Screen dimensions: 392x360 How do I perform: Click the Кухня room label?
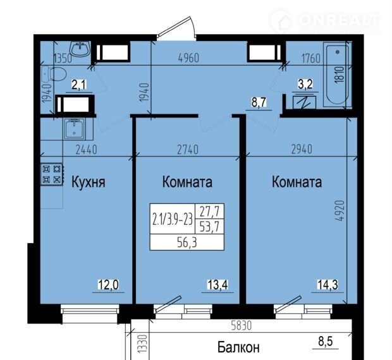coord(89,183)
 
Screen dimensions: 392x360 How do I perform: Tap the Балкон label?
coord(238,347)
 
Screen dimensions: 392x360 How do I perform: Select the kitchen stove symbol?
coord(52,174)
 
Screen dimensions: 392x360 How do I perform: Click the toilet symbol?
coord(54,74)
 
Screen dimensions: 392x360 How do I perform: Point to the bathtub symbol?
coord(337,75)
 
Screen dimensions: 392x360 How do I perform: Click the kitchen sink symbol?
coord(74,128)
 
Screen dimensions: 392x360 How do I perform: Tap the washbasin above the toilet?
coord(80,49)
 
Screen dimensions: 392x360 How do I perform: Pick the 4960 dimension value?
coord(188,58)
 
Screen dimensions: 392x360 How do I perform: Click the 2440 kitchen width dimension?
coord(86,150)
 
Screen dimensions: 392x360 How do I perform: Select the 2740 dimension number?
coord(188,150)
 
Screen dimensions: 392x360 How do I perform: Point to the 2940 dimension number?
coord(302,149)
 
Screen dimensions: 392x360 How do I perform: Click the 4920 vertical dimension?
coord(340,210)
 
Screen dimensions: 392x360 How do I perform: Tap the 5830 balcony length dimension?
coord(241,326)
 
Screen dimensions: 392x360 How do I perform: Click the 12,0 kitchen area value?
coord(108,285)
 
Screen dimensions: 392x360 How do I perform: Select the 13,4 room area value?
coord(217,285)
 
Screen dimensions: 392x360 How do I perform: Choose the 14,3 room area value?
coord(328,284)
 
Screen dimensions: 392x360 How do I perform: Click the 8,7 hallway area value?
coord(259,102)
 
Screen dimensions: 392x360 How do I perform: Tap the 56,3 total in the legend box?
coord(187,243)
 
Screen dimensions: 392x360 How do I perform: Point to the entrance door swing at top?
coord(177,27)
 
